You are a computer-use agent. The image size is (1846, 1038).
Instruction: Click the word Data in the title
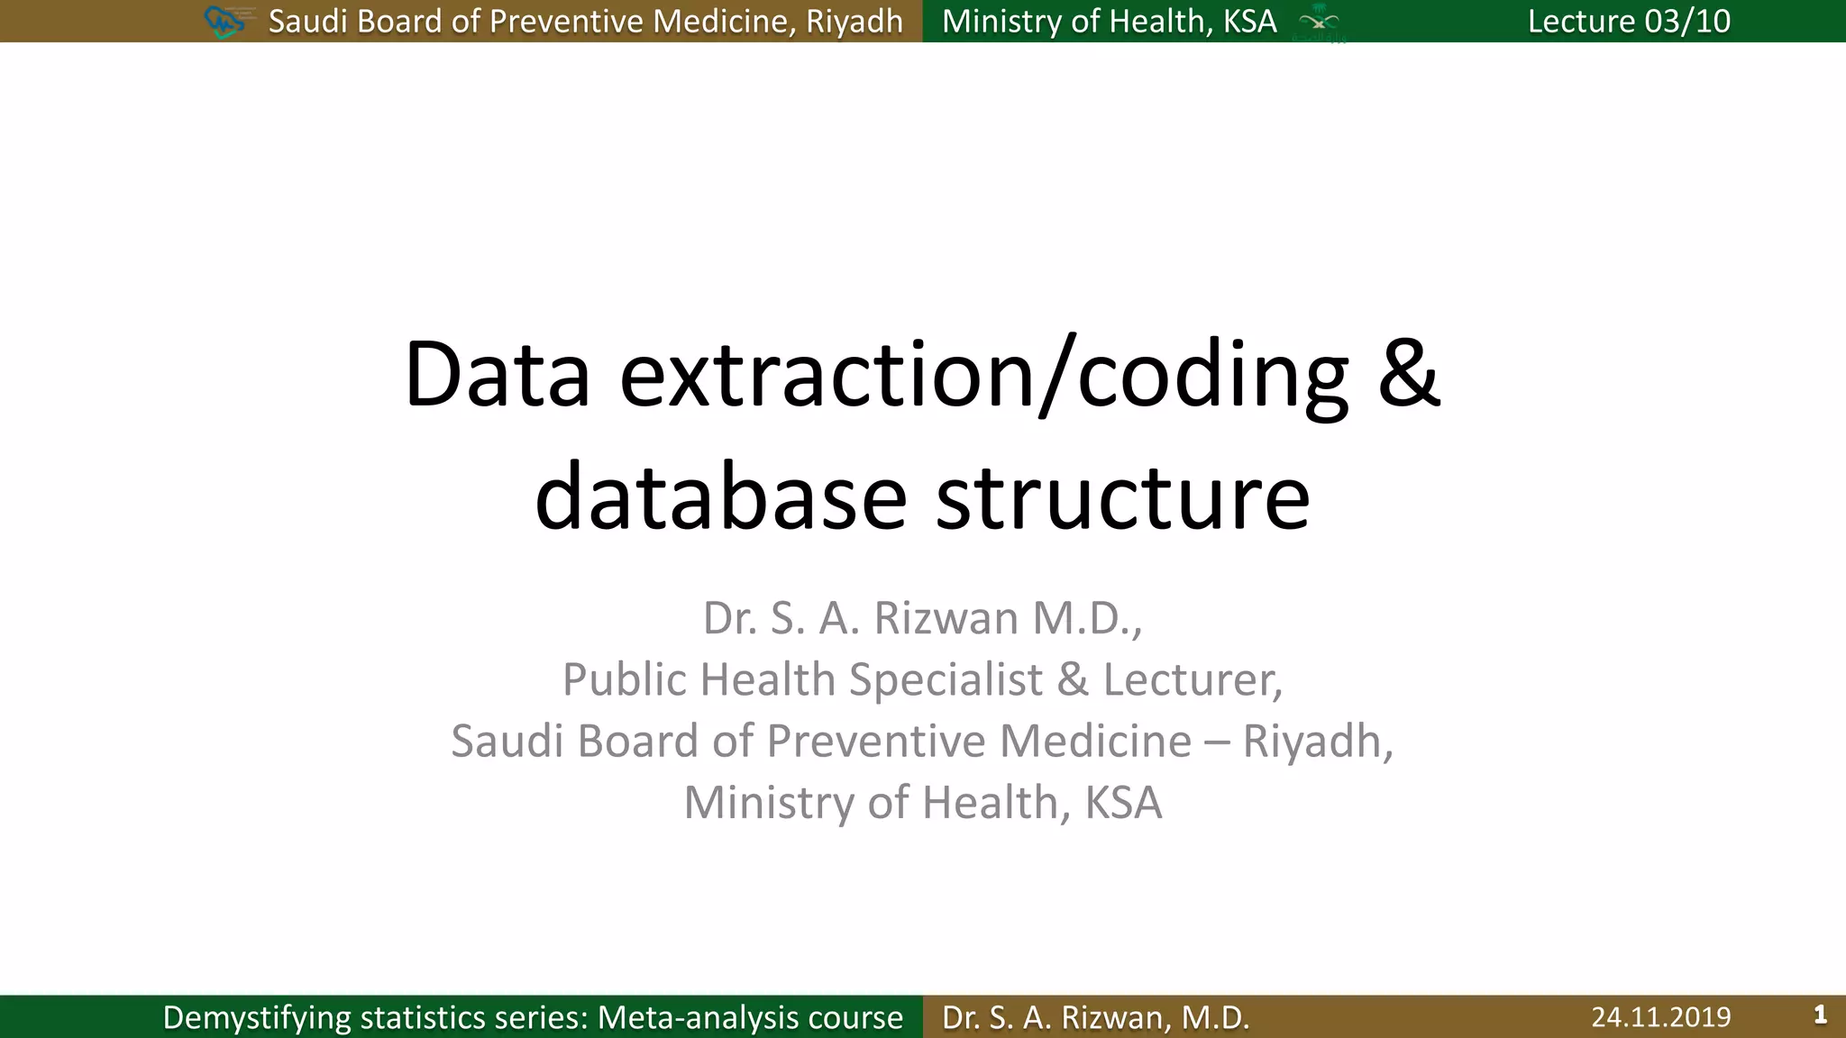pos(497,375)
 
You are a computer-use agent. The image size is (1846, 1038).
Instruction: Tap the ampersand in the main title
pos(1409,375)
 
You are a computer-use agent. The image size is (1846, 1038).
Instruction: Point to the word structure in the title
pos(1122,498)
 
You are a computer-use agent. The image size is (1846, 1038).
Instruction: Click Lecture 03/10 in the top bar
pos(1629,21)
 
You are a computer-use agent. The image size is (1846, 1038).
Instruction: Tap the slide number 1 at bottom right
pos(1820,1015)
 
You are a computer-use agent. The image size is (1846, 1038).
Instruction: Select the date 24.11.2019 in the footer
pos(1660,1017)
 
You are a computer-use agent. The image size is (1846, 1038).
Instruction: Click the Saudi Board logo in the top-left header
pos(225,21)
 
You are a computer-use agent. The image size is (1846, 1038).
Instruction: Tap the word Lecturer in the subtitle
pos(1192,679)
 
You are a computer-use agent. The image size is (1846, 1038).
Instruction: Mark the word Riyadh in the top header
pos(854,22)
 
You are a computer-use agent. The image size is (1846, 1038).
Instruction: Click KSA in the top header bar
pos(1249,21)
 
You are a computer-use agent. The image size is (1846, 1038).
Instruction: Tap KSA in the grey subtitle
pos(1123,802)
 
